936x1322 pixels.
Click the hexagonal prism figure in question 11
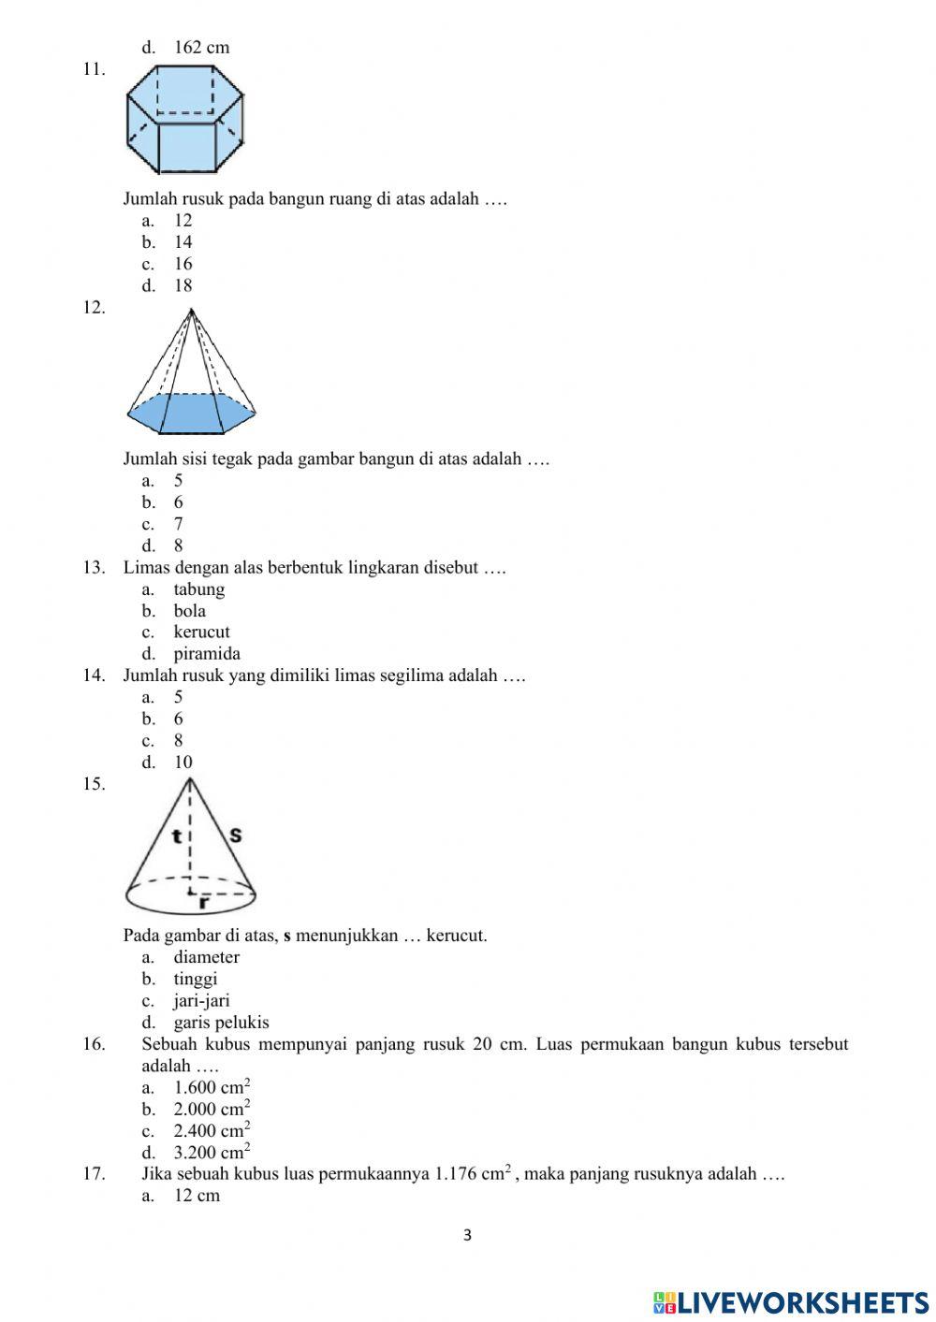185,120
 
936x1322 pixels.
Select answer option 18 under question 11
183,285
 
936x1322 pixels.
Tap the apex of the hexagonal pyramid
190,311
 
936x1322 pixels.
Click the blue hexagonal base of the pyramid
192,414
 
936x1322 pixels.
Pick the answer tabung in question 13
198,589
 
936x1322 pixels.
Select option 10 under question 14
183,763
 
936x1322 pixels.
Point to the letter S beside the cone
235,834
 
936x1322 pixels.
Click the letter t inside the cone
176,835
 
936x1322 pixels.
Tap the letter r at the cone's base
203,904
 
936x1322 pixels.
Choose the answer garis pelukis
221,1023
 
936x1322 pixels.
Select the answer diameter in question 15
206,957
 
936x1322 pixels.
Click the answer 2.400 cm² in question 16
212,1130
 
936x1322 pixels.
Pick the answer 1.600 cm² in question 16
212,1087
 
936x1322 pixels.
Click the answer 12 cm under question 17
197,1196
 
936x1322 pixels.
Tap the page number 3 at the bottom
468,1236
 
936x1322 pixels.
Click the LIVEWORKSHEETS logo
791,1302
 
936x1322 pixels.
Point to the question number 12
94,307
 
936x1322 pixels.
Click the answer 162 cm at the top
201,48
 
